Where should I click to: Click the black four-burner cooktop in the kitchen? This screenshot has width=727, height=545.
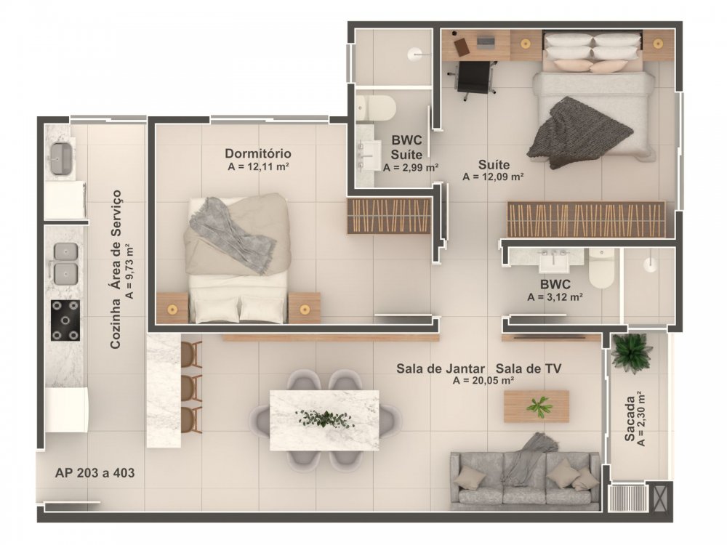point(65,320)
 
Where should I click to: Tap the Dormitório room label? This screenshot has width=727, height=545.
point(258,153)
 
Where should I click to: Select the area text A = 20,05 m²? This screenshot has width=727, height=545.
point(483,381)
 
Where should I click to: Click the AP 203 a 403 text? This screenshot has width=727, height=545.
point(95,473)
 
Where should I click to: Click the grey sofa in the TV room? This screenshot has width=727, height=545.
point(524,480)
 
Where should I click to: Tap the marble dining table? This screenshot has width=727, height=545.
point(324,420)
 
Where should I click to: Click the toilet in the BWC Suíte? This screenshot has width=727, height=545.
point(376,108)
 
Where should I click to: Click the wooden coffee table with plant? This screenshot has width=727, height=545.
point(536,406)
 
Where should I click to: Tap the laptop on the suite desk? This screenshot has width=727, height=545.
point(486,42)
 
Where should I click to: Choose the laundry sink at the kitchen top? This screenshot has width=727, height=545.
point(61,158)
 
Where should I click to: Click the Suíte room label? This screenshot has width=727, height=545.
point(494,164)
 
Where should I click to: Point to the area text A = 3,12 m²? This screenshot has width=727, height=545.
point(555,297)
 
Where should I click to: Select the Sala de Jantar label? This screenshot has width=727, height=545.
point(441,369)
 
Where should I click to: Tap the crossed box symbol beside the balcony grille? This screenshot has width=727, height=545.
point(659,496)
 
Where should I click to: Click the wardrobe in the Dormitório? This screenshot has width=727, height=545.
point(389,216)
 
